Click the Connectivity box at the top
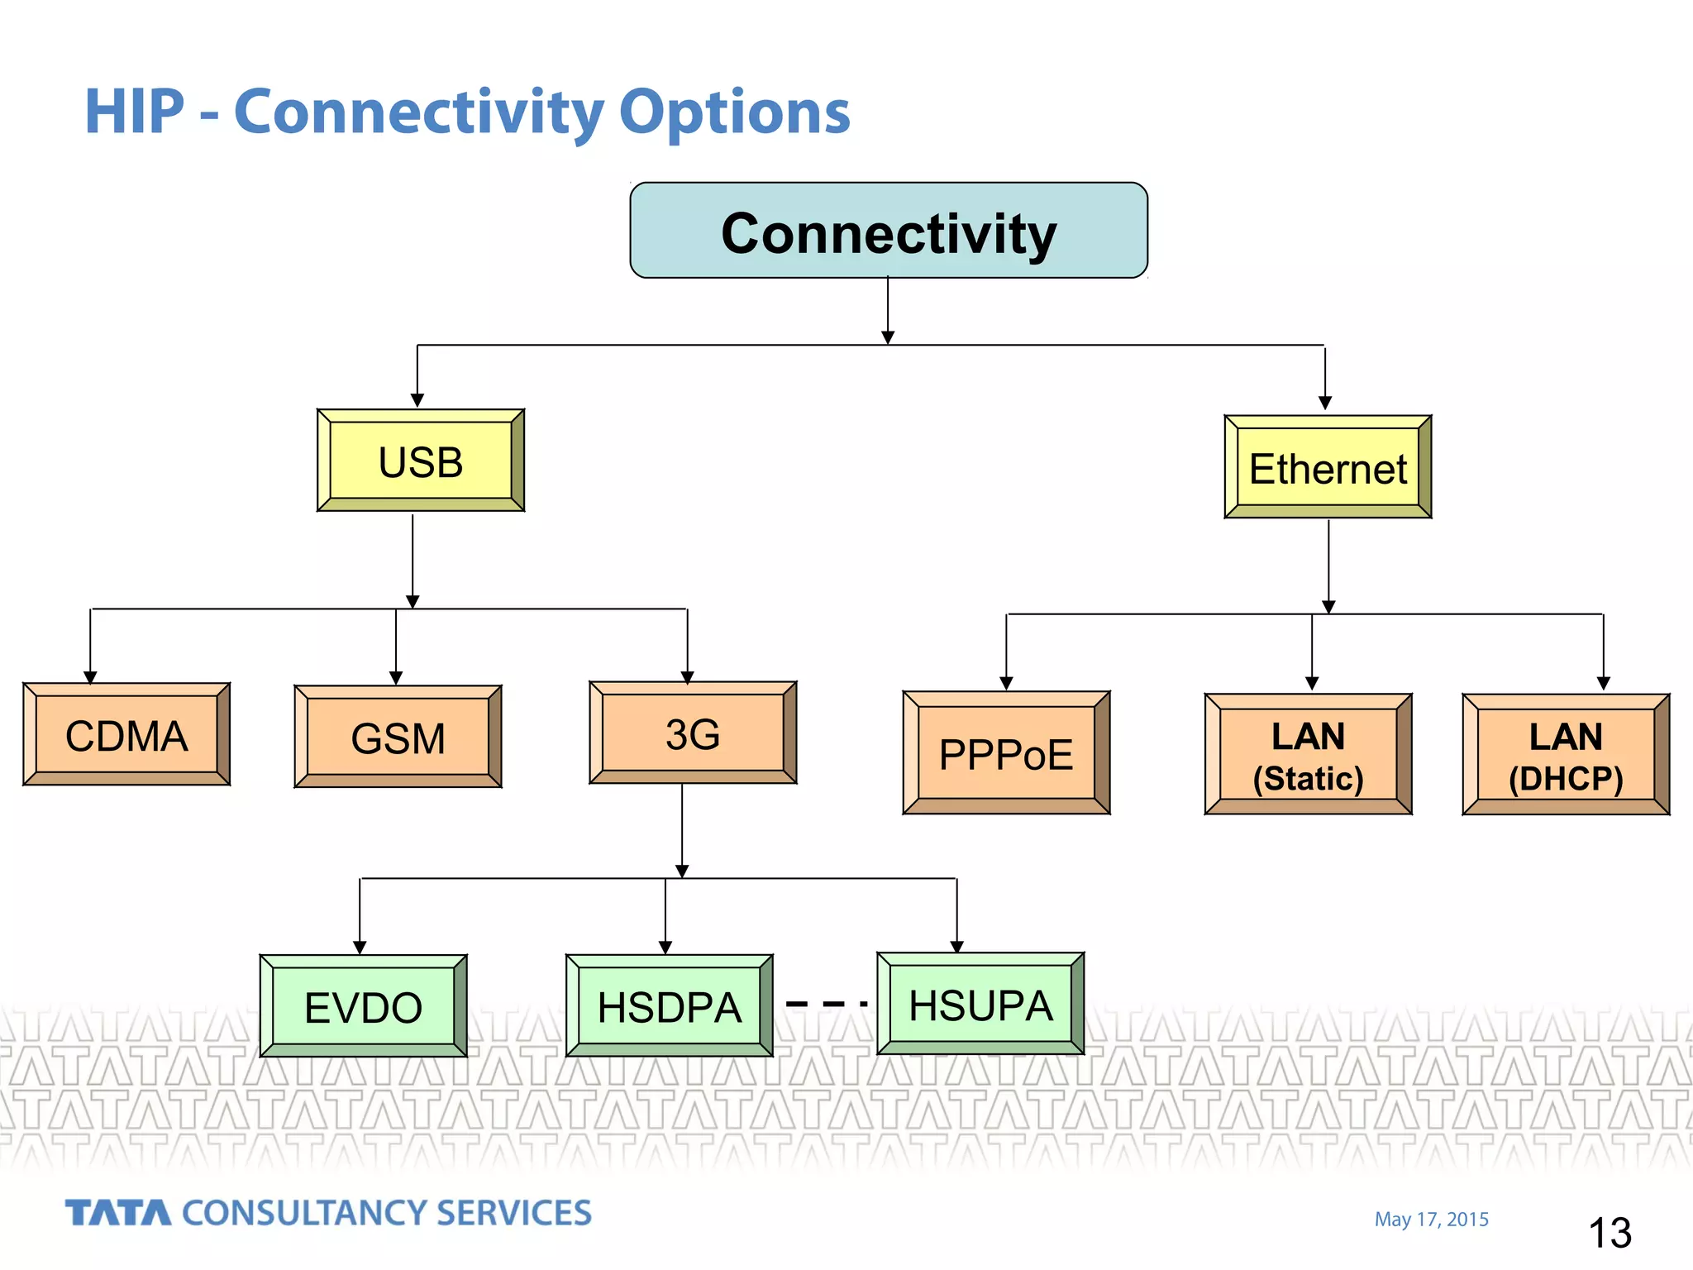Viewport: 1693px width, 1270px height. pos(889,231)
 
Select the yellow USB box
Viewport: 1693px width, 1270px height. pos(421,461)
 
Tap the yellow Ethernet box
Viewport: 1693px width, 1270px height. pos(1328,467)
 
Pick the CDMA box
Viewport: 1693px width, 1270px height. pos(126,734)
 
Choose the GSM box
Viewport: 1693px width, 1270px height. pos(398,737)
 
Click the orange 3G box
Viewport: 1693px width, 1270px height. pos(693,733)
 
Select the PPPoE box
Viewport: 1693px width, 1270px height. pos(1006,753)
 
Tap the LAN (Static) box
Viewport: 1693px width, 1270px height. pos(1308,755)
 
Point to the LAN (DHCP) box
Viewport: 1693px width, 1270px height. pos(1566,755)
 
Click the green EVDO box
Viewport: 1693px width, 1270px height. pos(363,1006)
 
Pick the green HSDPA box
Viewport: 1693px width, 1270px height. pos(670,1006)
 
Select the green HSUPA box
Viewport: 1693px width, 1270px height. pos(980,1004)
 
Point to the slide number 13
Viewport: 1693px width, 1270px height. pos(1610,1233)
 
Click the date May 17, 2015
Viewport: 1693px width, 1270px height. pos(1431,1220)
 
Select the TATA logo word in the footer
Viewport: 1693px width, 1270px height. pos(118,1213)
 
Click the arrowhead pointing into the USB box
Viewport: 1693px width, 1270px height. pos(417,400)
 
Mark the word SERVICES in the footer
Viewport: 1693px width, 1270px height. pos(513,1213)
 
